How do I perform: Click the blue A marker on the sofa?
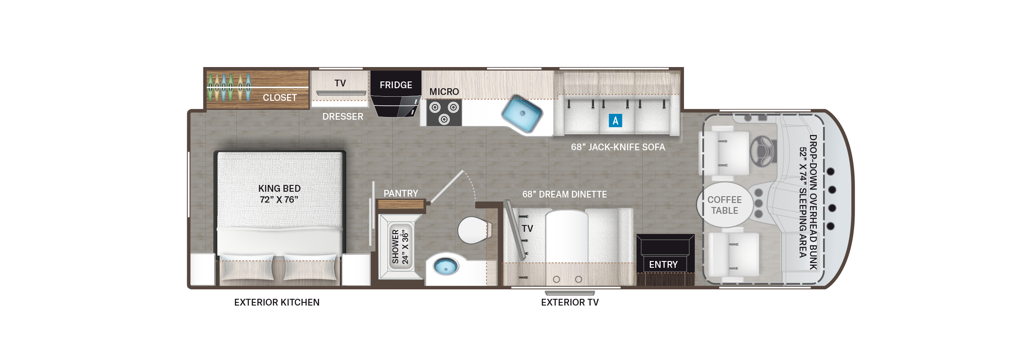(x=615, y=121)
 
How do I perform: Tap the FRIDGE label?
(x=396, y=85)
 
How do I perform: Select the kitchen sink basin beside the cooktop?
(x=522, y=113)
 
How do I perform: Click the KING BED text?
(x=279, y=189)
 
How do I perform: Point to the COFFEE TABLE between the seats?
(x=724, y=205)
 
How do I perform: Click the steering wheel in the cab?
(x=763, y=151)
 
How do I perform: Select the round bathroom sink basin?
(x=445, y=266)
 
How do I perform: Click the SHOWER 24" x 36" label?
(x=400, y=247)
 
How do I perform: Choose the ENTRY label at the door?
(x=663, y=265)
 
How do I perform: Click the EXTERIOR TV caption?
(x=570, y=302)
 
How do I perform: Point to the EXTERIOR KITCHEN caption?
(x=277, y=302)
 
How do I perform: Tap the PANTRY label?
(x=400, y=193)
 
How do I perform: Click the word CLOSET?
(x=279, y=98)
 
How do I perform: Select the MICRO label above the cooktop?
(x=444, y=92)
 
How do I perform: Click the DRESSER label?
(x=342, y=117)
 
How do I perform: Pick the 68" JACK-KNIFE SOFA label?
(x=618, y=147)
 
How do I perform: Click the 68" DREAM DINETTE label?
(x=564, y=194)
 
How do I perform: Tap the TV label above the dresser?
(x=340, y=83)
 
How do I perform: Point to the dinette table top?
(x=567, y=236)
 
